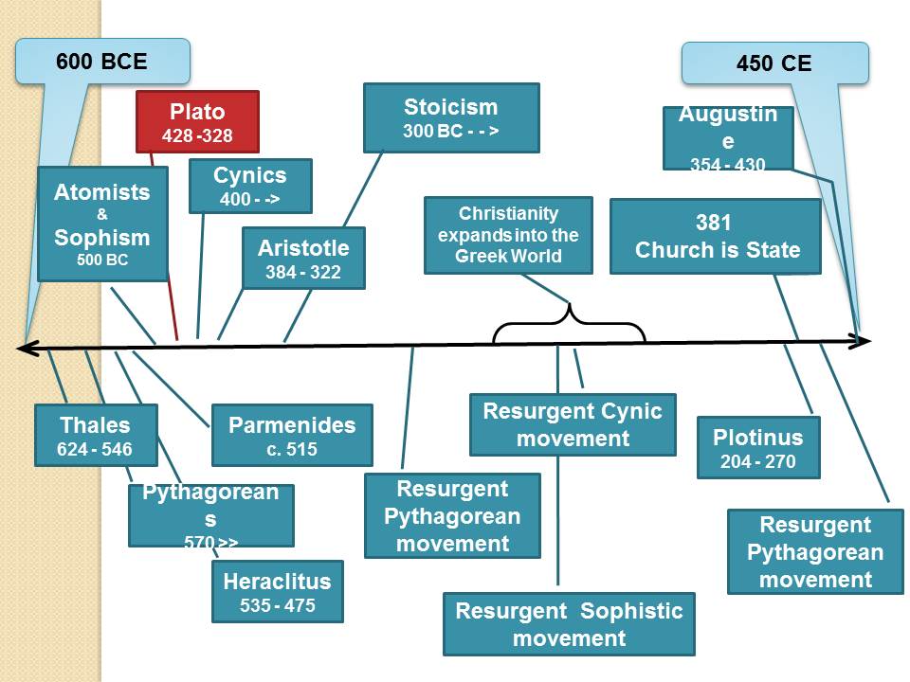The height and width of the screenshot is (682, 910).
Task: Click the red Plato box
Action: pyautogui.click(x=197, y=121)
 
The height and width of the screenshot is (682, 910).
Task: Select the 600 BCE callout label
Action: pyautogui.click(x=101, y=62)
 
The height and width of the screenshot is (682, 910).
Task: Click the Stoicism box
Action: pyautogui.click(x=451, y=117)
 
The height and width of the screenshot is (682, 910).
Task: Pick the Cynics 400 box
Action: pyautogui.click(x=250, y=186)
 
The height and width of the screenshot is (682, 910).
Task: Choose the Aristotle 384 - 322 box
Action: pyautogui.click(x=303, y=258)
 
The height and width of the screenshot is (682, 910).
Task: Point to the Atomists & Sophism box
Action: pyautogui.click(x=102, y=224)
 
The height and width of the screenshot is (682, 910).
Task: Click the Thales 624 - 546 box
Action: pyautogui.click(x=95, y=435)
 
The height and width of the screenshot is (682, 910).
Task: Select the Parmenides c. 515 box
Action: pyautogui.click(x=292, y=435)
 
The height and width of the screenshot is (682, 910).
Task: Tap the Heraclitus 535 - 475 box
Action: pyautogui.click(x=278, y=591)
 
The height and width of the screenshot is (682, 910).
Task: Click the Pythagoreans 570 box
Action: pyautogui.click(x=210, y=515)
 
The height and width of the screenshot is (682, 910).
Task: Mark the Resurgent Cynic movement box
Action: pyautogui.click(x=573, y=424)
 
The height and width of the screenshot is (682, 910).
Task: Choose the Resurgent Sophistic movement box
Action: pyautogui.click(x=569, y=623)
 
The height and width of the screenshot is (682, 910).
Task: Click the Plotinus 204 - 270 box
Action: pyautogui.click(x=758, y=447)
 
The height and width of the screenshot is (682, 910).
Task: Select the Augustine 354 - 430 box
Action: pyautogui.click(x=728, y=138)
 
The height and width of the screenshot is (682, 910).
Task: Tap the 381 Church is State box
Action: pyautogui.click(x=716, y=237)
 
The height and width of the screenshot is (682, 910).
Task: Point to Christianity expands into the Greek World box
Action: pyautogui.click(x=508, y=235)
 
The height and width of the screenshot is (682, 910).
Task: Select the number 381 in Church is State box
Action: pyautogui.click(x=714, y=224)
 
